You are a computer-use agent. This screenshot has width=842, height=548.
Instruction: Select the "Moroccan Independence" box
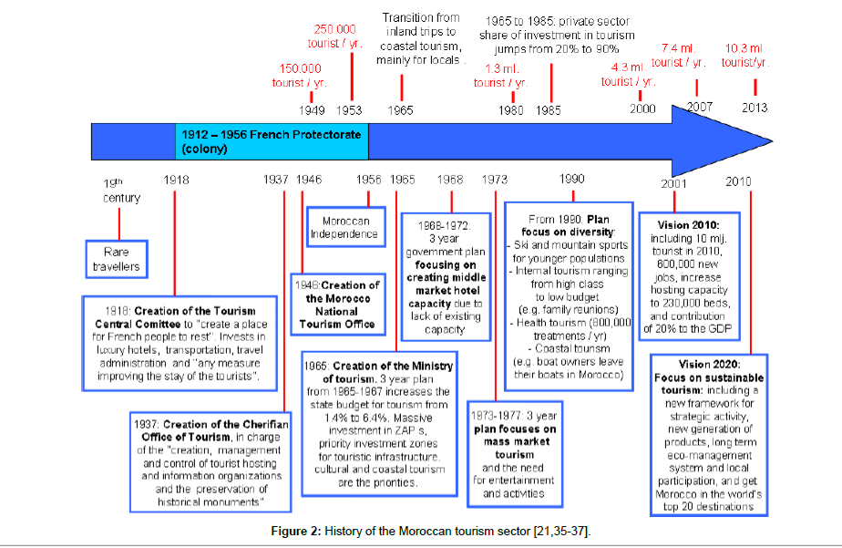344,227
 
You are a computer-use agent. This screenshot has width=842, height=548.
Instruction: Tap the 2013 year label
755,108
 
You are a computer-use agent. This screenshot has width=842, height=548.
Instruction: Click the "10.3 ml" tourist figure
744,48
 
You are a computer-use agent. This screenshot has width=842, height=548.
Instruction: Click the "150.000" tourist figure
300,67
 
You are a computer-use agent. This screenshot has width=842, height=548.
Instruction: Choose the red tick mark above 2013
755,87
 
